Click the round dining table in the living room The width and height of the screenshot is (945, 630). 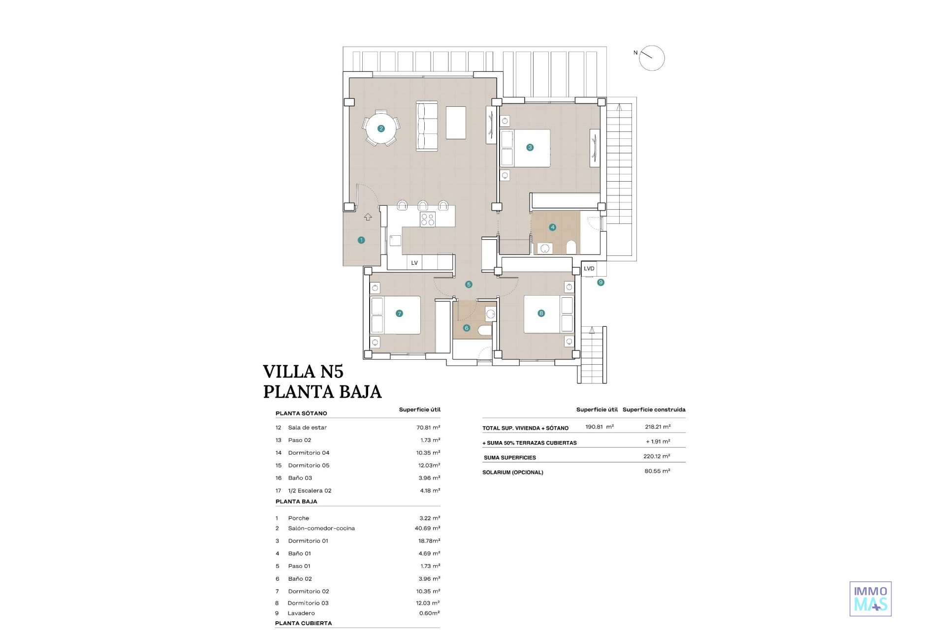(x=381, y=128)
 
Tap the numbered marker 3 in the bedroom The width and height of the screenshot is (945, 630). (x=530, y=147)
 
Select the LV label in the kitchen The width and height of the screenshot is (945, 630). (x=414, y=263)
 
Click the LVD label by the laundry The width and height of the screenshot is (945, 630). (x=589, y=269)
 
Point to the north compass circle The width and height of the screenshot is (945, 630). (x=652, y=58)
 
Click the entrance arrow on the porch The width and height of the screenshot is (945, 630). (x=368, y=217)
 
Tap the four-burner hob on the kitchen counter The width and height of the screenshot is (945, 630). (x=427, y=219)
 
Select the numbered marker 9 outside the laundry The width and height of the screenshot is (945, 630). (x=600, y=283)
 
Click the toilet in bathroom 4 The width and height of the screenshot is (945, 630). (x=571, y=247)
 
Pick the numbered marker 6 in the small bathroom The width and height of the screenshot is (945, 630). (x=467, y=328)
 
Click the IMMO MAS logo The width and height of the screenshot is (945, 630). (x=871, y=599)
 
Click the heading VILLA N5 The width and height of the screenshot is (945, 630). (x=303, y=371)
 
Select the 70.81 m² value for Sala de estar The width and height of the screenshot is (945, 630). (x=428, y=427)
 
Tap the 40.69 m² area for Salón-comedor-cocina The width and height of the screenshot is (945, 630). (x=427, y=528)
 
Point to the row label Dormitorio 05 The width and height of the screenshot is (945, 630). (x=309, y=465)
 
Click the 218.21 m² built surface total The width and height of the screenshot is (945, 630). (x=658, y=427)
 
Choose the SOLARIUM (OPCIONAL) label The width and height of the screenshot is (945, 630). (x=513, y=472)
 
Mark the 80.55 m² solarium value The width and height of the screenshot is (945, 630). (x=658, y=471)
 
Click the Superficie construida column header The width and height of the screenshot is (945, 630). (x=654, y=409)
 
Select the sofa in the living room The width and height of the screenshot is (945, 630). (x=427, y=126)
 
